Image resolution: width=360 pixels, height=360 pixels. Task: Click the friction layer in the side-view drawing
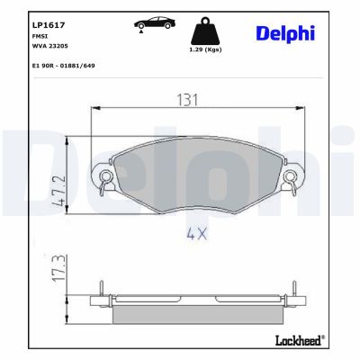[x=195, y=313]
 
